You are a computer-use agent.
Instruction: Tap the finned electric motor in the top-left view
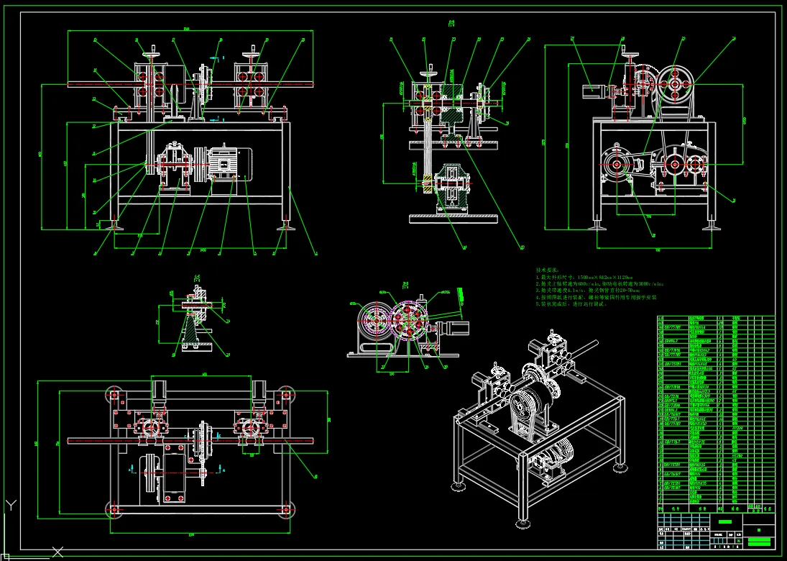click(230, 163)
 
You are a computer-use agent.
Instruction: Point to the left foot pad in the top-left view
click(114, 227)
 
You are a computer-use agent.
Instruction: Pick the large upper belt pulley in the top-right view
click(676, 83)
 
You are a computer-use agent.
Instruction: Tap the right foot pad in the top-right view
click(711, 227)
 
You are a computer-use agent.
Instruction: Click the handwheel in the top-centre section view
click(431, 70)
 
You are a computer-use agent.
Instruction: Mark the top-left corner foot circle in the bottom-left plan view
click(114, 394)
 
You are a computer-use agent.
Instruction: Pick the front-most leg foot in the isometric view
click(522, 524)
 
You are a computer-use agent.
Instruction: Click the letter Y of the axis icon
click(9, 504)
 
